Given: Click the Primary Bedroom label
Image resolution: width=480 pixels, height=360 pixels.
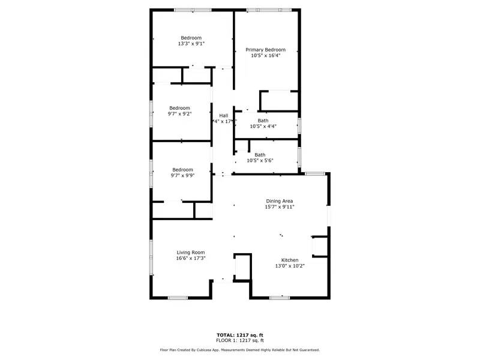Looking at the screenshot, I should (265, 50).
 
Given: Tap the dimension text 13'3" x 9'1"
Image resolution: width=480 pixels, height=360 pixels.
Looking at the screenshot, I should (191, 44).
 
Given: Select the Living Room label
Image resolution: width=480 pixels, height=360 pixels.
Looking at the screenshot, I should (191, 252).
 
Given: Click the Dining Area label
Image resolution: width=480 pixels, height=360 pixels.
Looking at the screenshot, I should (280, 200).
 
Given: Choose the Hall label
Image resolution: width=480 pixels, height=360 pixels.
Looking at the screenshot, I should (223, 115).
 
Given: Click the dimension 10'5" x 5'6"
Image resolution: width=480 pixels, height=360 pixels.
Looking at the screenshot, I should (260, 161).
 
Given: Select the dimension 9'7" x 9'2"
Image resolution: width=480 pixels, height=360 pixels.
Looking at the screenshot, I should (179, 114).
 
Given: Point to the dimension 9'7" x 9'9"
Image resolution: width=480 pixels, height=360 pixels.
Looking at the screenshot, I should (182, 175).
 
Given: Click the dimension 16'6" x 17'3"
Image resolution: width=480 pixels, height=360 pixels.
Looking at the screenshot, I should (191, 259).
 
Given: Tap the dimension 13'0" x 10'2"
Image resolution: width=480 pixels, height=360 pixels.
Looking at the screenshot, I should (290, 266).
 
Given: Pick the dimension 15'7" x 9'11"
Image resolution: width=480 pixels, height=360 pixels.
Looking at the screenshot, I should (280, 207).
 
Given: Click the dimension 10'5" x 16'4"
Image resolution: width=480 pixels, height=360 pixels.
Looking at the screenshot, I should (265, 56).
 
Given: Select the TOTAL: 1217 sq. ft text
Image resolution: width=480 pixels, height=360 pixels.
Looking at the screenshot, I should (240, 334).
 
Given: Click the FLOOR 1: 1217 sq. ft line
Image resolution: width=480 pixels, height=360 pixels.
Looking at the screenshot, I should (240, 340).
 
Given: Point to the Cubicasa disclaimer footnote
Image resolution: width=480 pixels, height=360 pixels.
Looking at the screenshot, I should (240, 350).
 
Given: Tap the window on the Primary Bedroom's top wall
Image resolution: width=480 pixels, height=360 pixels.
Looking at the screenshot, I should (269, 10).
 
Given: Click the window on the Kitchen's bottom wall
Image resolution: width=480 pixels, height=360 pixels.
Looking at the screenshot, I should (280, 298).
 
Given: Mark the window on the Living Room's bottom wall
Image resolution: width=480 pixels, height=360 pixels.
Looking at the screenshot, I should (178, 298).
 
